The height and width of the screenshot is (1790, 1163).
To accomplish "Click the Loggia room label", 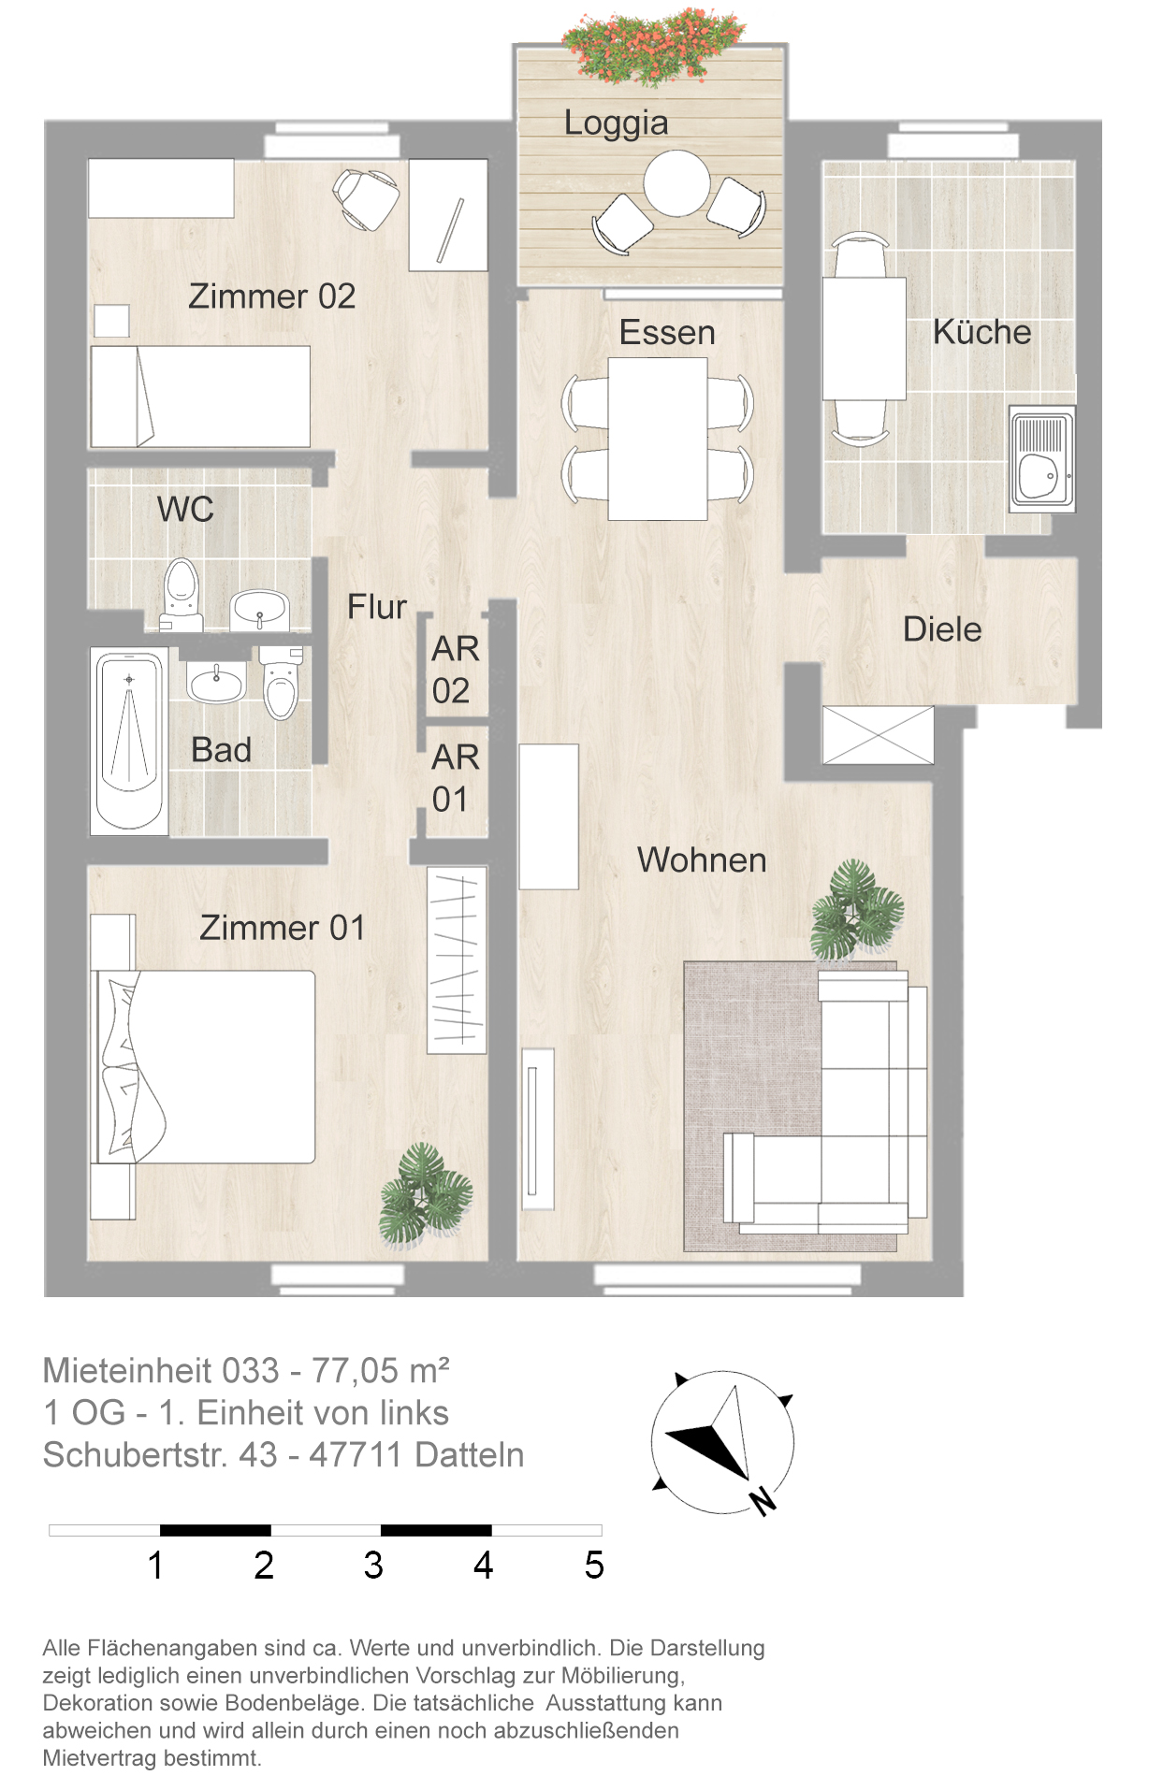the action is pos(616,123).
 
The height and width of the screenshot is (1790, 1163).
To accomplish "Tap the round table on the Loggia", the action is pos(676,183).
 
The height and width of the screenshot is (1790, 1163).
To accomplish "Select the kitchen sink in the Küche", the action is pos(1041,458).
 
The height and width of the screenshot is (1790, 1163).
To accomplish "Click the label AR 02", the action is pos(456,669).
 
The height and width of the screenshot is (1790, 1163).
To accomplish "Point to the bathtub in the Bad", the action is pos(129,739).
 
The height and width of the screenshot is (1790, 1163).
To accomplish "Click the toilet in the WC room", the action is pos(182,594).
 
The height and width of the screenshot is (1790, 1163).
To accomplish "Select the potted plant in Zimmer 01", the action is pos(426,1194).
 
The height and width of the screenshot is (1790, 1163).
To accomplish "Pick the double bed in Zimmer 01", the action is pos(203,1067).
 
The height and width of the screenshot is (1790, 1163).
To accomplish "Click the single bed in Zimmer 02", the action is pos(200,397).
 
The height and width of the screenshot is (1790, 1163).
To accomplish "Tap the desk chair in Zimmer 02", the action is pos(367,198).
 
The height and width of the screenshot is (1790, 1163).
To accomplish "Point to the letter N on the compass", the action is pos(763,1499).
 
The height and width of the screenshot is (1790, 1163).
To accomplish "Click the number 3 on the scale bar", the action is pos(373,1566).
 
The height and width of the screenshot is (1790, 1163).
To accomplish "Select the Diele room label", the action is pos(942,629).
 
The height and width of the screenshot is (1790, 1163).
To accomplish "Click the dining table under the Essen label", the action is pos(658,439).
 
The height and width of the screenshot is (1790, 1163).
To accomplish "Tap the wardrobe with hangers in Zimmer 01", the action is pos(457,960).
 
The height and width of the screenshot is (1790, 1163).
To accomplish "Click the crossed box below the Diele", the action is pos(878,735).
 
